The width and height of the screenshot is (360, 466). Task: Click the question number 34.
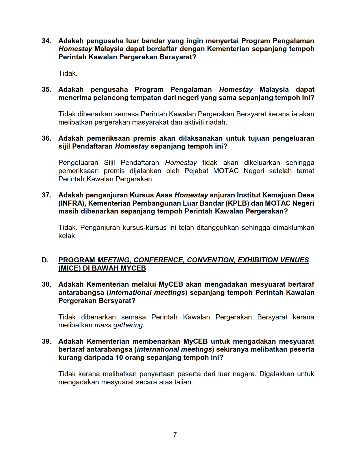[46, 41]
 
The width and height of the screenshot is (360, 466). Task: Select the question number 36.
[46, 138]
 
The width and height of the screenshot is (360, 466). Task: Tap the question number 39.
[46, 341]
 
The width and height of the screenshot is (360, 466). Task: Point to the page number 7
[175, 435]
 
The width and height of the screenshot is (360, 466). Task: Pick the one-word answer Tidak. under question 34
[68, 73]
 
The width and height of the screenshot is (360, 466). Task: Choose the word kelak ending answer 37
[67, 236]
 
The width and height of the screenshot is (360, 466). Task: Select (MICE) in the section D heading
[69, 268]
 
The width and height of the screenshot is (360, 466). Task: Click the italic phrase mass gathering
[119, 325]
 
